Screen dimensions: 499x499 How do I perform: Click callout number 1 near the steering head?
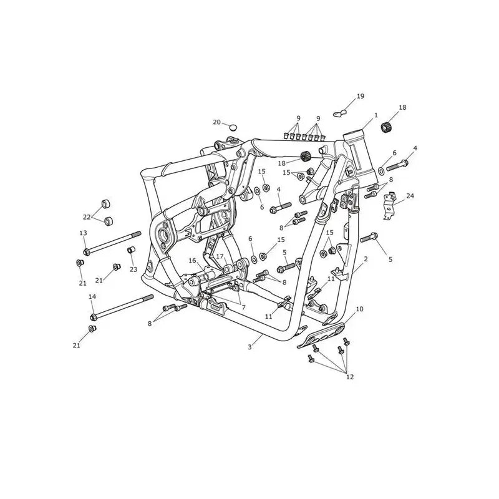(376, 115)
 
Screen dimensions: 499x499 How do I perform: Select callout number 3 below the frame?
(250, 347)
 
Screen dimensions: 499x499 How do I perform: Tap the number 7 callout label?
(243, 308)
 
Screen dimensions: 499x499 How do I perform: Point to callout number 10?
(359, 309)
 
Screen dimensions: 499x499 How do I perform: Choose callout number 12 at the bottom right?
(350, 377)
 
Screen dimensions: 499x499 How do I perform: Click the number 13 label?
(83, 233)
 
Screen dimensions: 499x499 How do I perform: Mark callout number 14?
(92, 297)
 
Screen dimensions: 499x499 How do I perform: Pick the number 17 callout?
(220, 256)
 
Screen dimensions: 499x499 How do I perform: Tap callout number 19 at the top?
(361, 96)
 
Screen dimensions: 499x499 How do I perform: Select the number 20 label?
(216, 122)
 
